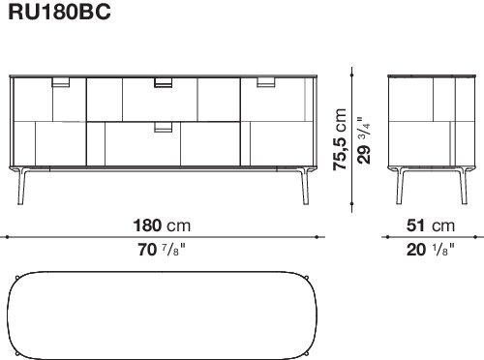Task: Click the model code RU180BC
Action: coord(60,12)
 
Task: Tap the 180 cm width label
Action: coord(162,225)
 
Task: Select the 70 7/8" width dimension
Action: coord(162,250)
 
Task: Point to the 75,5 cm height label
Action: coord(340,139)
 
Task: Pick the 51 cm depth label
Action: coord(431,225)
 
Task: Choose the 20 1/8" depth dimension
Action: coord(431,250)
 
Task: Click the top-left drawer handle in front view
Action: coord(61,82)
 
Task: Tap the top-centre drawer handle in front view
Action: coord(164,82)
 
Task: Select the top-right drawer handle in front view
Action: coord(266,82)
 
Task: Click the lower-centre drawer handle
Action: coord(164,127)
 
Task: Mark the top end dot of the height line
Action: coord(351,75)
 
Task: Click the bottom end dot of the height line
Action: coord(351,204)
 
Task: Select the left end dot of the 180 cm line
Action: coord(7,237)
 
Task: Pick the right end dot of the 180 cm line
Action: coord(318,237)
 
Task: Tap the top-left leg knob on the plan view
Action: coord(17,278)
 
